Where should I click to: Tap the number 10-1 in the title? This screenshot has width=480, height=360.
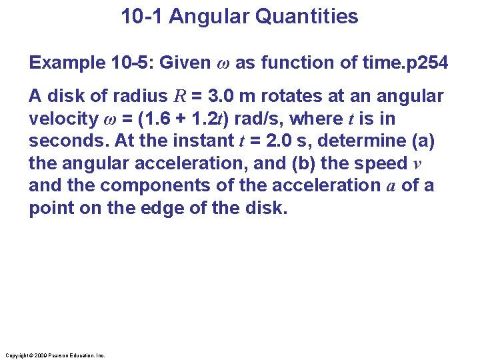pos(143,17)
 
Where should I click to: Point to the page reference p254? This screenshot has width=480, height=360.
pos(424,63)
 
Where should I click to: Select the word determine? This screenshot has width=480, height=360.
pos(368,141)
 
